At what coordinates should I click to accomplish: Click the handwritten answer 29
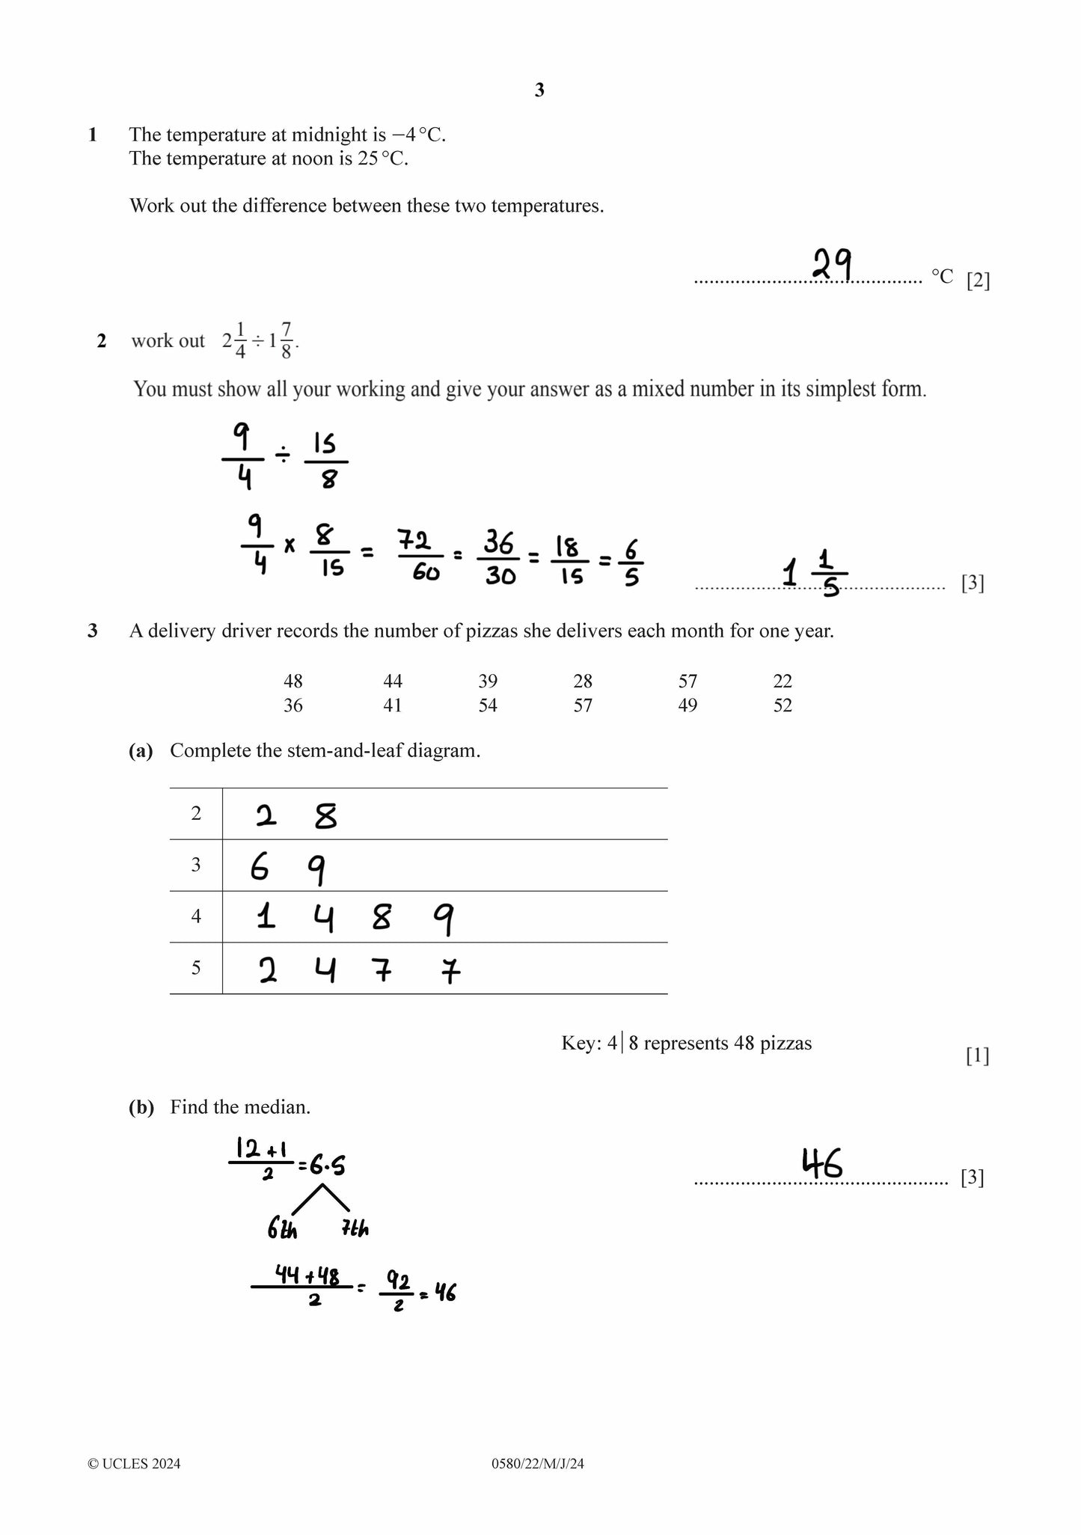(833, 265)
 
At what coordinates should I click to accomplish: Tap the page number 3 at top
(539, 91)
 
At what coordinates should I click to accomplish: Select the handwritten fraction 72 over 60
(419, 555)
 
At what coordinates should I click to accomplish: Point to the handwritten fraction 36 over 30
(499, 557)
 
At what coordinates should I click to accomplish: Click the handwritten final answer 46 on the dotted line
(822, 1163)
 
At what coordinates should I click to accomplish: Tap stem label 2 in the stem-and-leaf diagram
(196, 814)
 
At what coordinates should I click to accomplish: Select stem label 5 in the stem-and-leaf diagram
(196, 968)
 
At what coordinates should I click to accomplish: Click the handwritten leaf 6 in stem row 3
(259, 868)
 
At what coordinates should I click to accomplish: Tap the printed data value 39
(488, 681)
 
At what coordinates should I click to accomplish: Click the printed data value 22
(783, 681)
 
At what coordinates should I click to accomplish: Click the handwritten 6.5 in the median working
(326, 1165)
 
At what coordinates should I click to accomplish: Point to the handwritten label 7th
(355, 1228)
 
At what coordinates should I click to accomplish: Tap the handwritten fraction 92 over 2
(399, 1293)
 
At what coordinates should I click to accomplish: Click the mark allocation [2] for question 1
(978, 281)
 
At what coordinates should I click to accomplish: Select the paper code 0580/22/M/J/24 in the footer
(538, 1464)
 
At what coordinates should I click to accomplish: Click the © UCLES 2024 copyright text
(135, 1464)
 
